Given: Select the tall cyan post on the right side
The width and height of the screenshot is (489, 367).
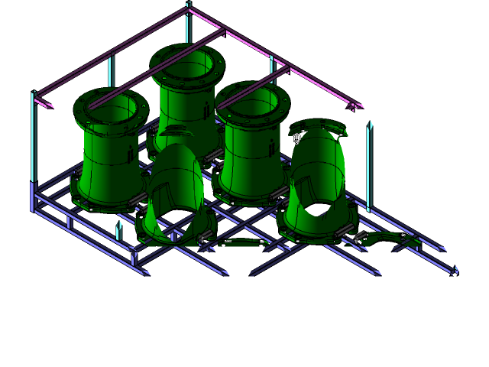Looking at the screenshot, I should coord(369,164).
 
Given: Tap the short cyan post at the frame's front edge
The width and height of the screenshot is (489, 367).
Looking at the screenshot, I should coord(119,230).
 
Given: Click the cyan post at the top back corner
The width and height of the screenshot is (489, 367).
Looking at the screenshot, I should coord(188,23).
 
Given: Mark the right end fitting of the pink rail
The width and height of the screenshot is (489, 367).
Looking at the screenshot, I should coord(354,106).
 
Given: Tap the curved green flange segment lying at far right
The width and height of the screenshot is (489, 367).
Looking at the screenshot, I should coord(390,240).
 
